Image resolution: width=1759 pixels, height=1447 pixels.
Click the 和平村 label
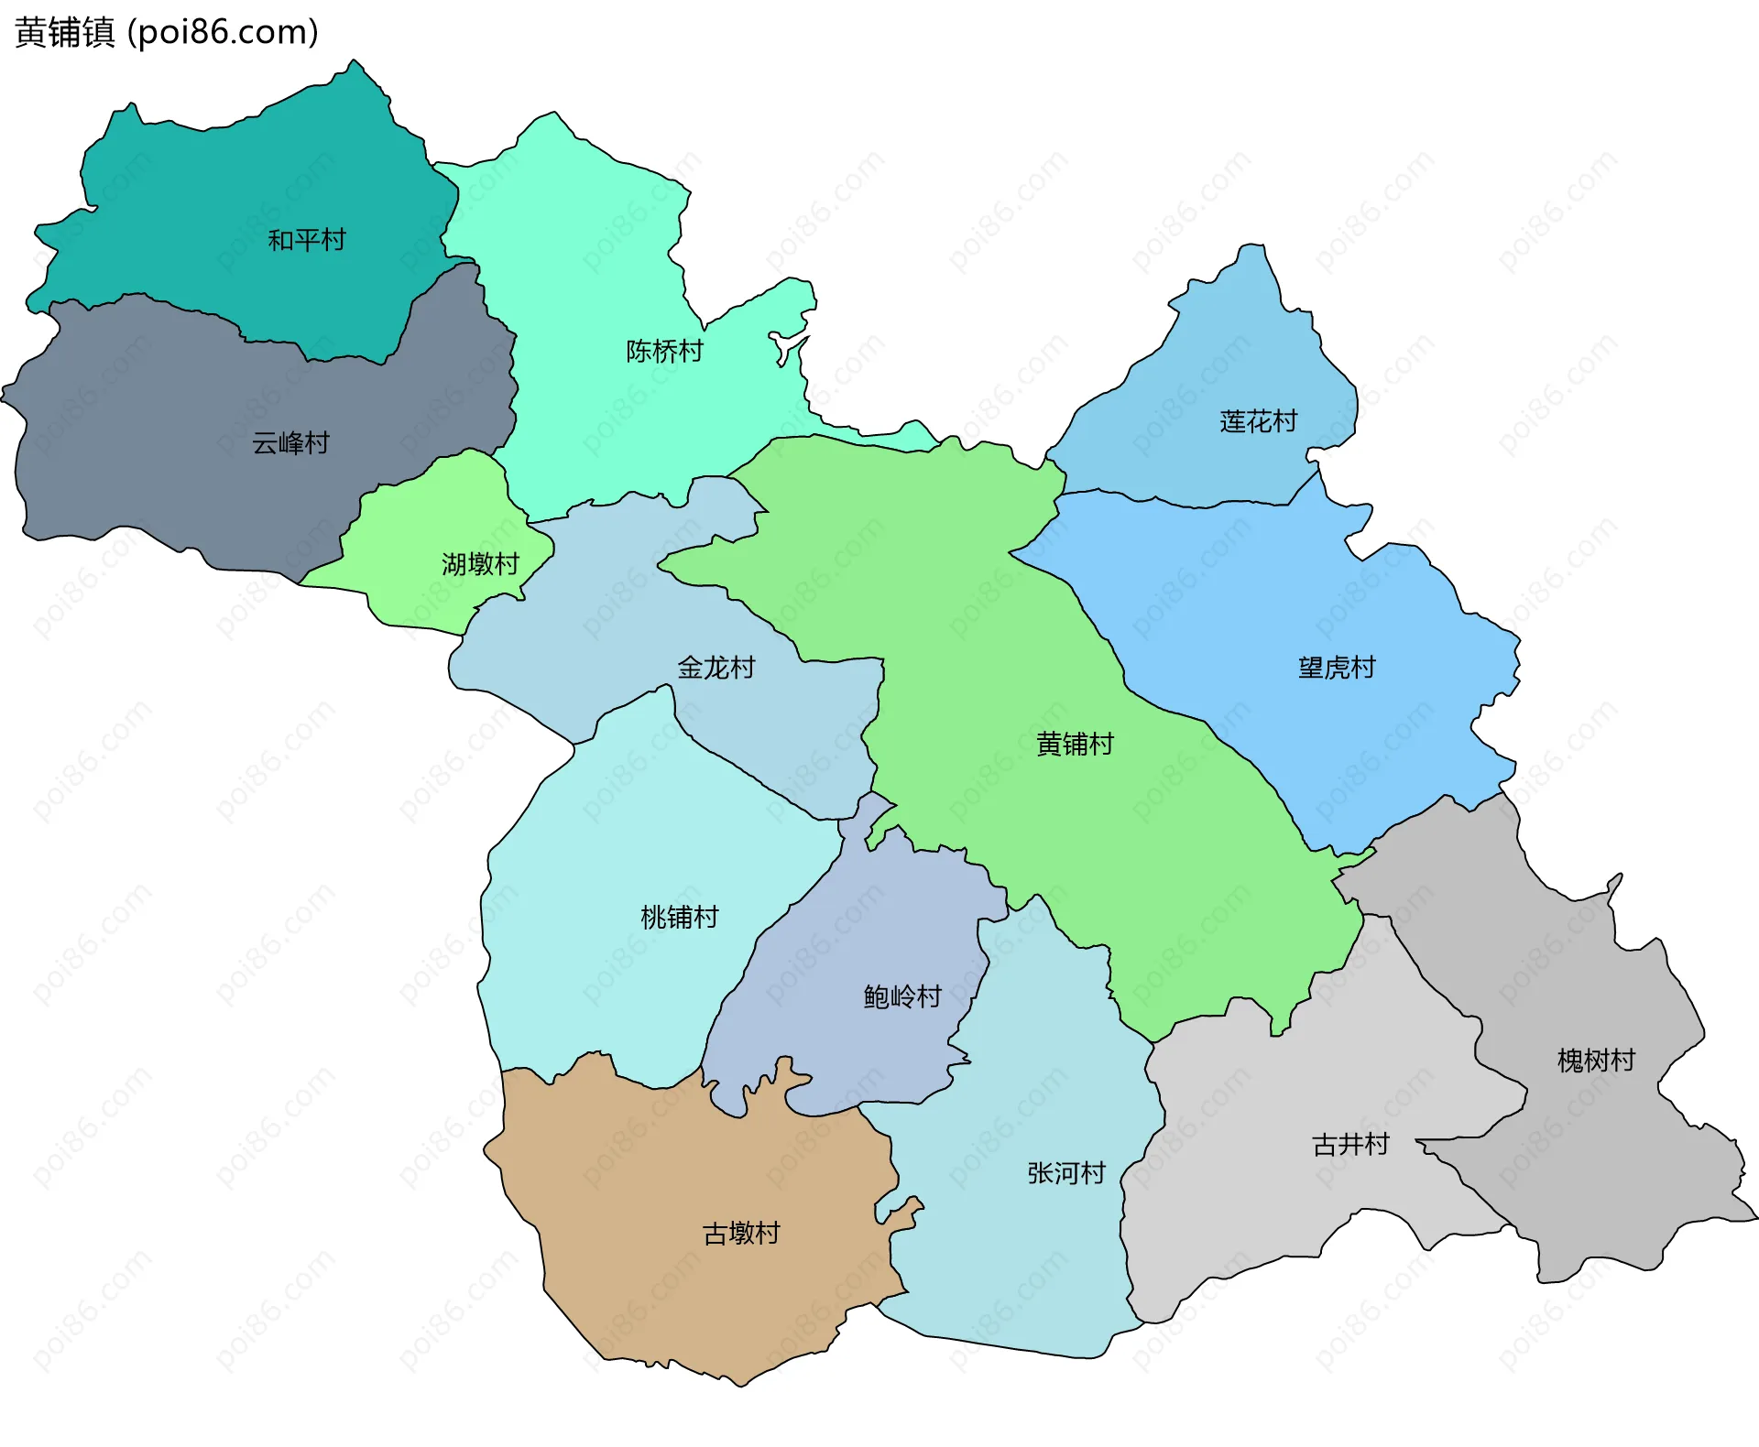point(306,240)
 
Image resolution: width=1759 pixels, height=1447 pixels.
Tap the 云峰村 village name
point(290,443)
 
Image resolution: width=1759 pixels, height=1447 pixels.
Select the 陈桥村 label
point(664,351)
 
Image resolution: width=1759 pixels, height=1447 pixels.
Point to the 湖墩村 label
point(480,563)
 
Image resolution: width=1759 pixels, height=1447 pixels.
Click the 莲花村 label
point(1258,421)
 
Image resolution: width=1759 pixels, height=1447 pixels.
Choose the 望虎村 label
point(1336,667)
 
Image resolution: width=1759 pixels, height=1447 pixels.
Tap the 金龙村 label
point(716,667)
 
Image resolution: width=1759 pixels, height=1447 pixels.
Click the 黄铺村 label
point(1074,744)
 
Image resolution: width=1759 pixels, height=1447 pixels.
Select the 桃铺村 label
point(679,917)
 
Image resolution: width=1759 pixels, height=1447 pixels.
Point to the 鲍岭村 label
point(902,996)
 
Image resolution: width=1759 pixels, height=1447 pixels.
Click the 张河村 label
point(1065,1173)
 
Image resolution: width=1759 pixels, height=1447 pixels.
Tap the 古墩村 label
point(740,1234)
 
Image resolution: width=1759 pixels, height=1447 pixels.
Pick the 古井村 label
point(1350,1145)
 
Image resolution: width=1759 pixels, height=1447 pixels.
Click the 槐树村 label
point(1596,1061)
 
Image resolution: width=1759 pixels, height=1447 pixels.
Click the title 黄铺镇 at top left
point(64,32)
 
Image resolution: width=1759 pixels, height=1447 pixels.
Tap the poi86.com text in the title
point(223,32)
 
